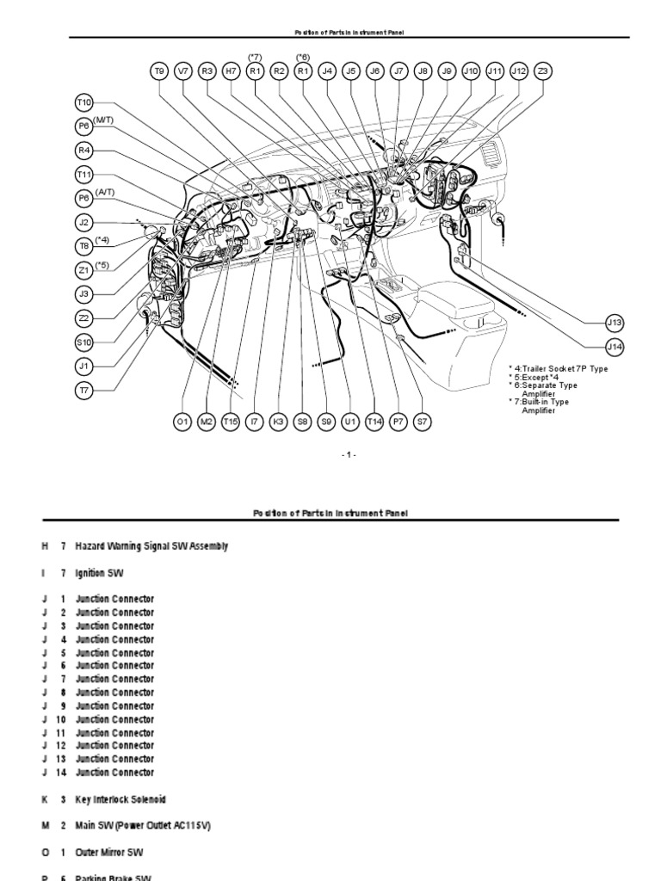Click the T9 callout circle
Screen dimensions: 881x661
[x=159, y=71]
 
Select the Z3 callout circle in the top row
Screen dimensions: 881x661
[x=542, y=71]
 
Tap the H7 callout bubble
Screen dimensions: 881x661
[x=231, y=71]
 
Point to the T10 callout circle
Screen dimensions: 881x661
[x=84, y=102]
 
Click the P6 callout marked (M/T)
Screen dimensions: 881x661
[x=84, y=126]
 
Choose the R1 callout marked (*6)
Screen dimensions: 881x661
[x=303, y=71]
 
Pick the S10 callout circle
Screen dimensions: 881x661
[x=84, y=342]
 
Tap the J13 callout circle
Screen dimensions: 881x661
[x=615, y=323]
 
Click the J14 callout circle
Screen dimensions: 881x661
[x=615, y=347]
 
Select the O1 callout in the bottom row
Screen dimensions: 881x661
[x=182, y=422]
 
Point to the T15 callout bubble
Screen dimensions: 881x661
[x=230, y=422]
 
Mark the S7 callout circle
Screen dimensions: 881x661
[x=422, y=422]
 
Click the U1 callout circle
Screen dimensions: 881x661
[x=349, y=422]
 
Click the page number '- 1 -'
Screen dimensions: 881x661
[x=347, y=455]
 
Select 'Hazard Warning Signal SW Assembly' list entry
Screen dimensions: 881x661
[x=151, y=546]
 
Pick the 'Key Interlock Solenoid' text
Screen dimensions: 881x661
[x=120, y=799]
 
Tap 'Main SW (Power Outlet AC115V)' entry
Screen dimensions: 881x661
[x=143, y=826]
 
